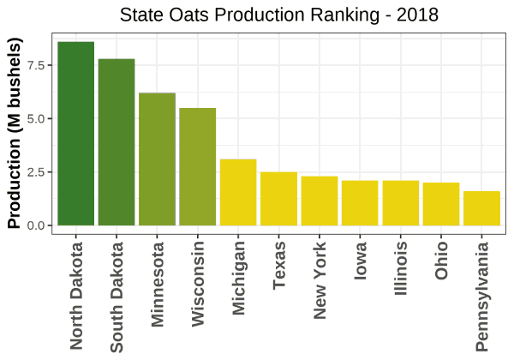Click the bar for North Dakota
click(75, 134)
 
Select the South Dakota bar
click(117, 142)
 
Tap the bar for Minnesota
click(157, 159)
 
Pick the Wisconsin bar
click(197, 167)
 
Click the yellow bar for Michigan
click(238, 192)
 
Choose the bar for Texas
click(278, 199)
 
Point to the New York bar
click(319, 201)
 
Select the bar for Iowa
click(360, 203)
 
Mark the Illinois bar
click(400, 203)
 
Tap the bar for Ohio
click(440, 204)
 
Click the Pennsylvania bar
click(481, 208)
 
